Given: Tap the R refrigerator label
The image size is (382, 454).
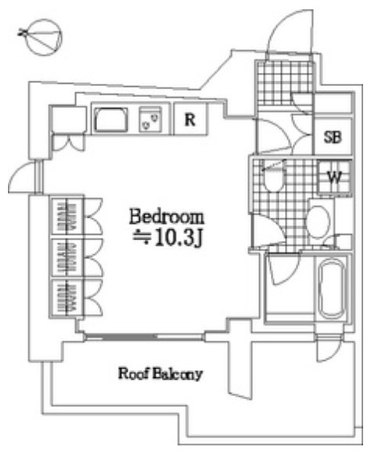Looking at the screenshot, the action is point(190,119).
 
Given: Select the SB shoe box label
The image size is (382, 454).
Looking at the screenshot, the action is point(333,137).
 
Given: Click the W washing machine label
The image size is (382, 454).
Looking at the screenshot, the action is point(334,177).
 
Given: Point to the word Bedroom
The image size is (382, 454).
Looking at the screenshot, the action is point(167,217).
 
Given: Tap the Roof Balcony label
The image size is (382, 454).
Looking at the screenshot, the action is point(160,373).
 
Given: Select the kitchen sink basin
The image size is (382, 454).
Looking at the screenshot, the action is point(111,120).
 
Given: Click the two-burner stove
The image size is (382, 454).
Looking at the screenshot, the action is point(150,119).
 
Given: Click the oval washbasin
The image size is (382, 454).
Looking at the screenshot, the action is point(319,222).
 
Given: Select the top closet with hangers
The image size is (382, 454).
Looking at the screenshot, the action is point(67,217).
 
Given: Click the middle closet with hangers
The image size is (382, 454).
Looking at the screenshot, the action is point(67,258).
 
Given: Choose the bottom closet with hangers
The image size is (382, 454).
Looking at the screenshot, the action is point(67,298).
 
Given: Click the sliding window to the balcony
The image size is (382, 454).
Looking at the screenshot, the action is point(144,337).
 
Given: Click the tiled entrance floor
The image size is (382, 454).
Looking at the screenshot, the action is point(284,83).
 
